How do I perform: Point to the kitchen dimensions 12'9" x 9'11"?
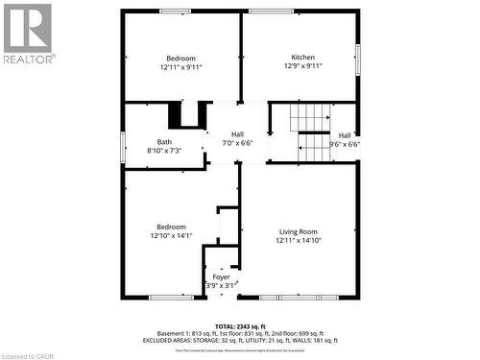click(302, 67)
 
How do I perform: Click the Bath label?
click(165, 142)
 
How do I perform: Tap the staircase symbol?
click(311, 132)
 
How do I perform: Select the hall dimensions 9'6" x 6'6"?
click(344, 144)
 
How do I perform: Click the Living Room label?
click(298, 231)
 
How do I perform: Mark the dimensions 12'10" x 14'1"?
click(172, 236)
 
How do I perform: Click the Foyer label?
click(222, 276)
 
